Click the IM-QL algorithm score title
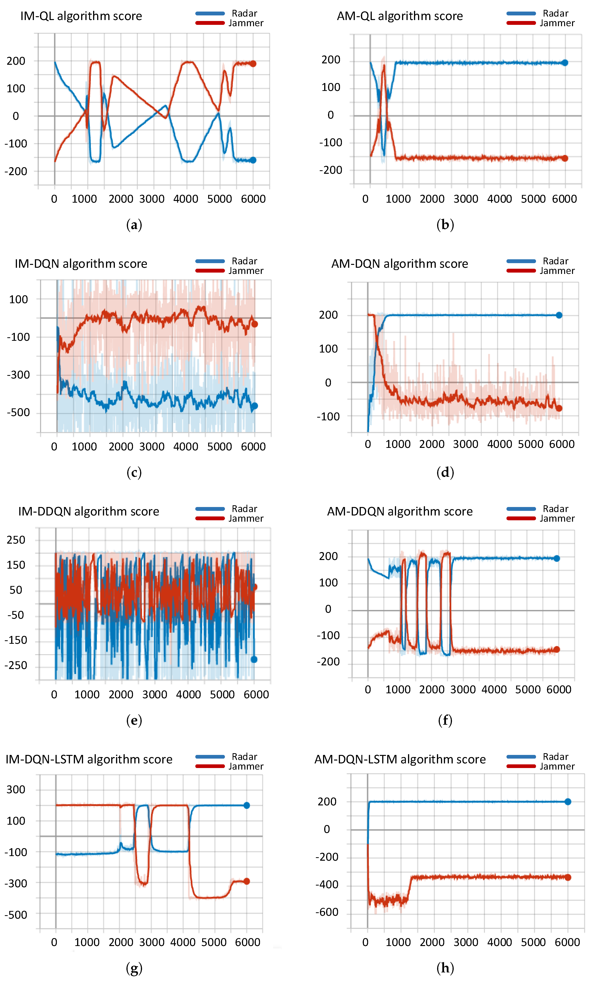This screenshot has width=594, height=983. [x=81, y=16]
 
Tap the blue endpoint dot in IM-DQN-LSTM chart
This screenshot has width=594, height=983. [x=247, y=805]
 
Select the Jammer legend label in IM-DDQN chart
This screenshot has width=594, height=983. [x=246, y=518]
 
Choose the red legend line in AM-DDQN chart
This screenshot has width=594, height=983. [x=521, y=518]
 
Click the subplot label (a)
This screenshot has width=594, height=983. [x=134, y=225]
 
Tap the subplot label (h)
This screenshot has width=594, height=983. [x=445, y=968]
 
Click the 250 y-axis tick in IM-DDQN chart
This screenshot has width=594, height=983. [x=16, y=540]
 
